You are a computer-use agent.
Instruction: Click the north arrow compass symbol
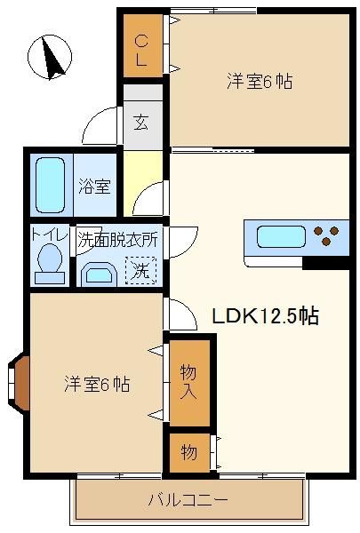click(x=50, y=57)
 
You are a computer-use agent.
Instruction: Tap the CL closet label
click(x=141, y=51)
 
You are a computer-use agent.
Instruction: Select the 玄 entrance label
click(x=140, y=123)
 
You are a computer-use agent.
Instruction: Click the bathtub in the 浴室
click(x=50, y=185)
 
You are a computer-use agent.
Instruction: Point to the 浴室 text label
click(x=94, y=186)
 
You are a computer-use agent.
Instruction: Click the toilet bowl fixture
click(x=50, y=264)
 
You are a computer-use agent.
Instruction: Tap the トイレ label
click(x=50, y=235)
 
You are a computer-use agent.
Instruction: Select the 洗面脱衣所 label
click(x=117, y=240)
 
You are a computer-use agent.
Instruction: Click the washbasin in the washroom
click(x=100, y=274)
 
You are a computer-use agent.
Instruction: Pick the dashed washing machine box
click(x=140, y=270)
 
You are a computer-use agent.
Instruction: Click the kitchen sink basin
click(x=281, y=236)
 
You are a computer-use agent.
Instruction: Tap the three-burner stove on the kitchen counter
click(x=326, y=235)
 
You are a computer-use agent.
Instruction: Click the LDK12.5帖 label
click(x=266, y=316)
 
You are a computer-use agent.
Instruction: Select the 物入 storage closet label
click(x=188, y=381)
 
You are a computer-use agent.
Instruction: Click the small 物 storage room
click(x=189, y=452)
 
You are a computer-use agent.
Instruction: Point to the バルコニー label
click(x=188, y=500)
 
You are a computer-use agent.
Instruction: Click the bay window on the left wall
click(x=18, y=384)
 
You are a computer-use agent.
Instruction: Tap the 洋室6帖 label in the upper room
click(x=260, y=81)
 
